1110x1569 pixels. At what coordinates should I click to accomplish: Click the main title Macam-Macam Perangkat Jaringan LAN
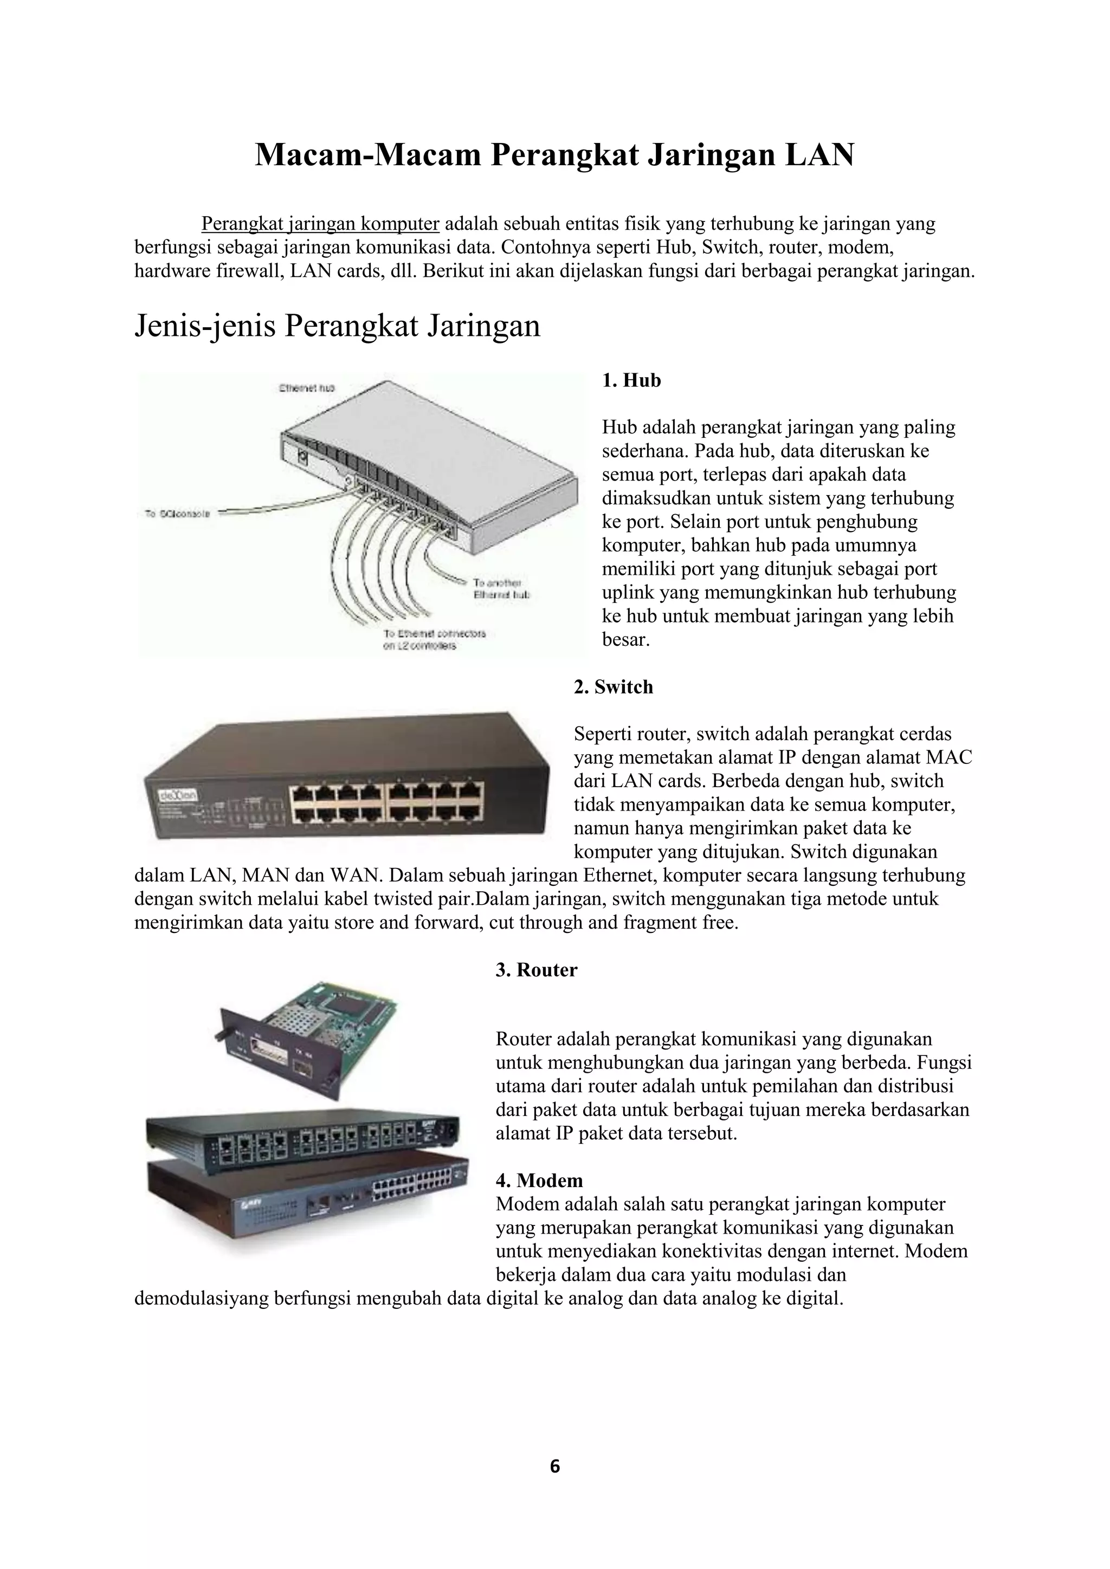554,155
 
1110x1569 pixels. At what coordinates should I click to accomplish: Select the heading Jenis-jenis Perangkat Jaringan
337,326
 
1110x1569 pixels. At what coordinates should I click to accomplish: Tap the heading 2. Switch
613,687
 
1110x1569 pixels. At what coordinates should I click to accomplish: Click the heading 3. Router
536,970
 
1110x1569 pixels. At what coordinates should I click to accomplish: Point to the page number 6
554,1466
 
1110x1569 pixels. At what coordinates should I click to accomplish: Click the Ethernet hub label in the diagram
306,388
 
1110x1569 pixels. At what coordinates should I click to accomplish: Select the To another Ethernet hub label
500,588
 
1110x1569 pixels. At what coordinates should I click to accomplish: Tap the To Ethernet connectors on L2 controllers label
434,639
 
